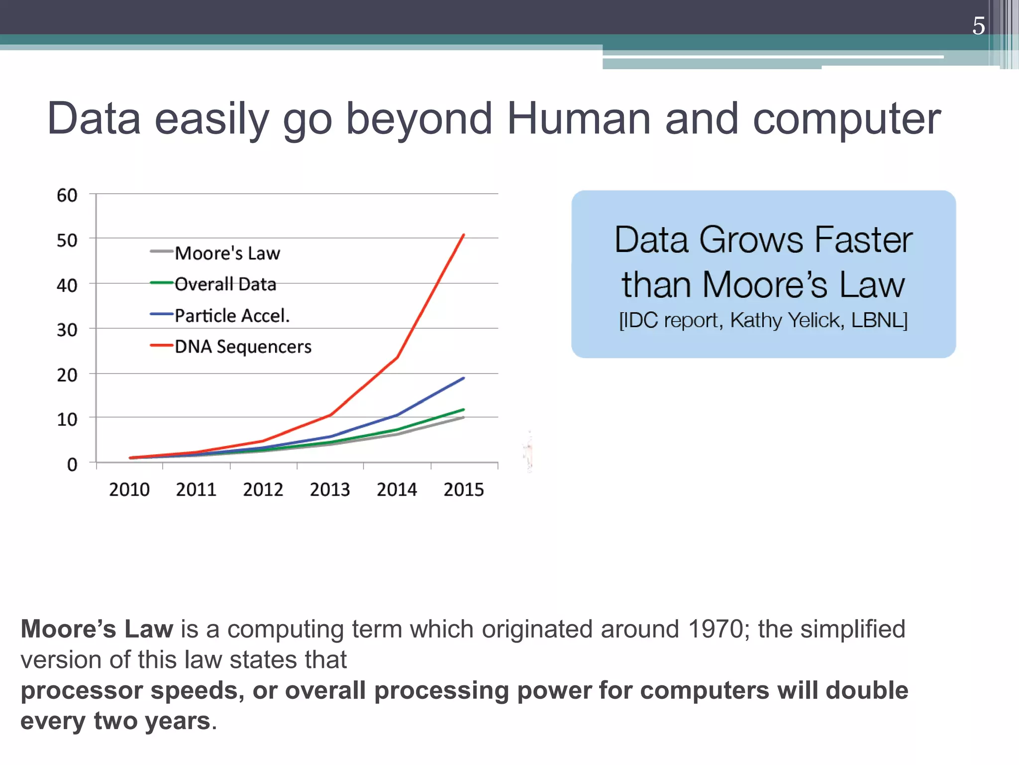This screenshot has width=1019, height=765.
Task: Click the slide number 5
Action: pos(978,26)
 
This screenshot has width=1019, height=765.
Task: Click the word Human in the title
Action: pos(579,119)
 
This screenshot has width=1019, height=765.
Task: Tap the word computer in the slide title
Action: pos(846,119)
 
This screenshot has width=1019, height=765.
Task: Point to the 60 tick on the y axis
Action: pos(67,195)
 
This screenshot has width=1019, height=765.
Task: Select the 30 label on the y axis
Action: pos(67,330)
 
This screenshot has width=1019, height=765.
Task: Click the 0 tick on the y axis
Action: pos(72,465)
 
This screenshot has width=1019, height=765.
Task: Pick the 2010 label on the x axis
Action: pos(129,490)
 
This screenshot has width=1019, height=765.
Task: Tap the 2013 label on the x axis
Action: pos(330,490)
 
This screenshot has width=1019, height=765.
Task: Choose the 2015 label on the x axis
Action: pos(464,490)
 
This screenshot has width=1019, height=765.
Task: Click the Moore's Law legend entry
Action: pos(227,253)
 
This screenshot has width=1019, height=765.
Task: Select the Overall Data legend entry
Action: pos(225,284)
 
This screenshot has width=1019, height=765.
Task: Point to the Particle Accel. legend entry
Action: pos(232,315)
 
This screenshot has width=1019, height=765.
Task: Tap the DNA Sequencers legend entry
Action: pos(243,347)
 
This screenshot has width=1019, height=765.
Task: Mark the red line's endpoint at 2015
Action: pos(464,235)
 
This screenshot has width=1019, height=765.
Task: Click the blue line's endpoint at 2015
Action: pos(464,378)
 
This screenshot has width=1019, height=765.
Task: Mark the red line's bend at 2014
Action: pos(397,357)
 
